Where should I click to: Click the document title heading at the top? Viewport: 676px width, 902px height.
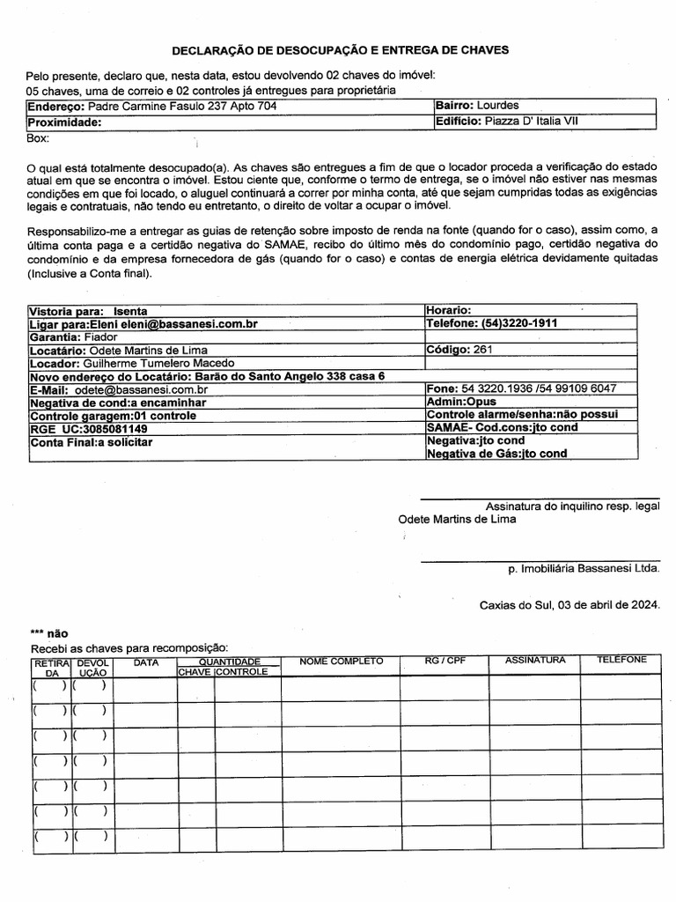point(339,51)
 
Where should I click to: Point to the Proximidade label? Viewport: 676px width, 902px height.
point(65,122)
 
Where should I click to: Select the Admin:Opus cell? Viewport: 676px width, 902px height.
point(461,402)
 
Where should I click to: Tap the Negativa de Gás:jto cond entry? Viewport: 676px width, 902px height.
point(496,454)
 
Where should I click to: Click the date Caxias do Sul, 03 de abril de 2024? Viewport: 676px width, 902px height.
point(569,605)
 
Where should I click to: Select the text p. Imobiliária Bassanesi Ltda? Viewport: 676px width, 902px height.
point(583,570)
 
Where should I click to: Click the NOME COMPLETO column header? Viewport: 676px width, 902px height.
point(341,661)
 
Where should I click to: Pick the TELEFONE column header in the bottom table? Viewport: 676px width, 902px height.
point(621,660)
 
